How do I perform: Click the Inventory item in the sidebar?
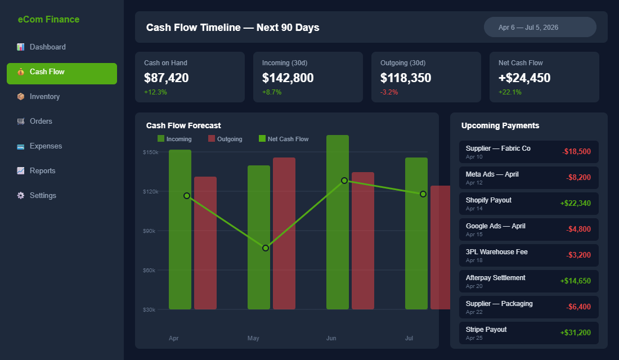click(x=44, y=97)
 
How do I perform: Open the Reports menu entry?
click(x=42, y=171)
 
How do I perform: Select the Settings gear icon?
click(x=21, y=196)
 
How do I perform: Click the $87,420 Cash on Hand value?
click(x=167, y=78)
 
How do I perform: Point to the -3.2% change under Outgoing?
click(x=389, y=92)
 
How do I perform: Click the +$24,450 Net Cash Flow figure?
click(x=524, y=78)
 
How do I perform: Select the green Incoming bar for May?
click(x=259, y=236)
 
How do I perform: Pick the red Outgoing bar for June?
click(x=363, y=242)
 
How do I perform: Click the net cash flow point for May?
click(x=266, y=248)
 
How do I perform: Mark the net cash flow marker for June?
click(x=344, y=181)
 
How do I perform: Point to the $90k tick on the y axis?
click(x=150, y=231)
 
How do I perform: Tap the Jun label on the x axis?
click(x=331, y=339)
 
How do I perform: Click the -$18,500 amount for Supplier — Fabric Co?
click(x=576, y=152)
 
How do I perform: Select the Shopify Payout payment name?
click(x=488, y=200)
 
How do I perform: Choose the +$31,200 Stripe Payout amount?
click(x=575, y=333)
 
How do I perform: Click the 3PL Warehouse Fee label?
click(x=496, y=252)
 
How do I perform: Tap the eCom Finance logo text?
click(x=48, y=20)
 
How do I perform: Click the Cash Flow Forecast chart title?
click(x=183, y=126)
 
